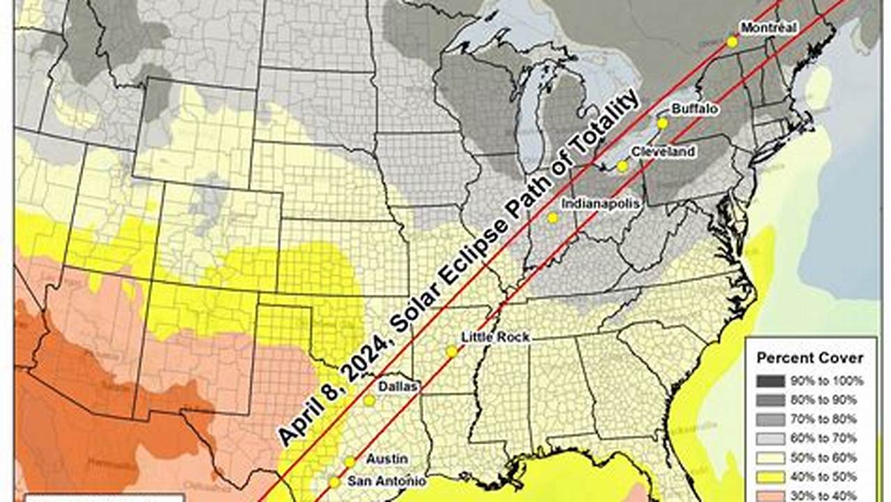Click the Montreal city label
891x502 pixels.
click(768, 28)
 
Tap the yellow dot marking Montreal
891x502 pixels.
click(732, 42)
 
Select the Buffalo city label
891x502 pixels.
click(695, 109)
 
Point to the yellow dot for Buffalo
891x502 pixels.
click(663, 123)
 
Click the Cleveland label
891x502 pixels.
click(663, 151)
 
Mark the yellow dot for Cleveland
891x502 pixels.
click(622, 166)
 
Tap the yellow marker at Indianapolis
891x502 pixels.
click(552, 218)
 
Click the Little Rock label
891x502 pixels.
click(495, 337)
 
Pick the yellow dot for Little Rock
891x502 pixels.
click(451, 352)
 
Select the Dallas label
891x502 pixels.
click(398, 386)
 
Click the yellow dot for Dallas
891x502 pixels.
click(369, 401)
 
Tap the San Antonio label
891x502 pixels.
click(387, 480)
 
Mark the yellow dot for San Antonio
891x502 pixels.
click(334, 482)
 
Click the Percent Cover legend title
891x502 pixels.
click(810, 358)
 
